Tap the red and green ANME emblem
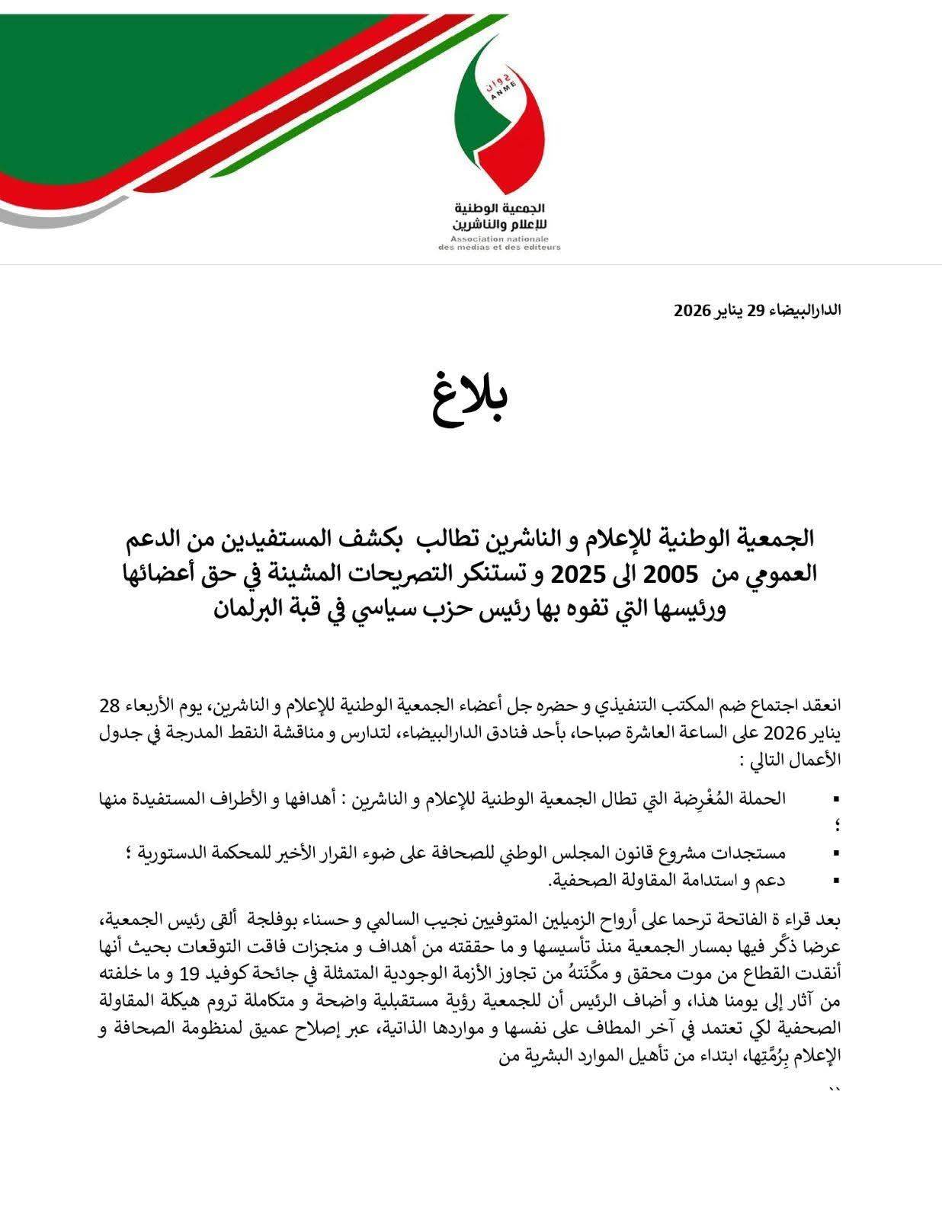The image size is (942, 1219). [x=499, y=114]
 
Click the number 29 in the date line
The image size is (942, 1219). [x=755, y=310]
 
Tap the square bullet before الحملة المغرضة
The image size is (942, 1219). [x=837, y=799]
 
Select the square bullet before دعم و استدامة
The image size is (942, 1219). [x=837, y=881]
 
